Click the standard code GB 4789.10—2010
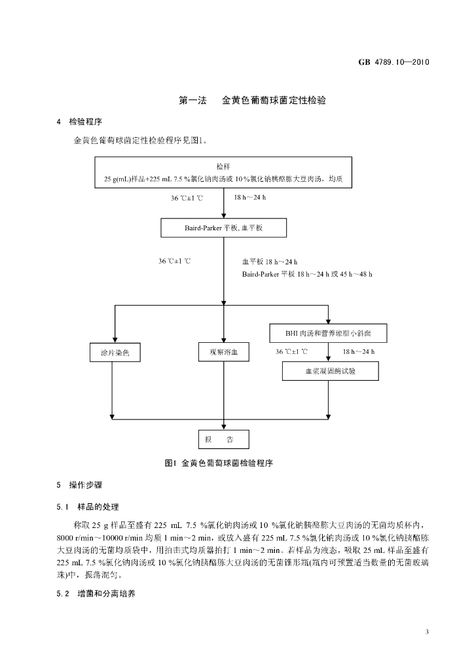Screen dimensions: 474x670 (x=393, y=62)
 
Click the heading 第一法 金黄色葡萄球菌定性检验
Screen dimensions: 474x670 (x=252, y=100)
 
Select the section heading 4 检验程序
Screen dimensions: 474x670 (x=79, y=122)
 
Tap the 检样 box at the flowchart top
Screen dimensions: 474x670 (x=223, y=172)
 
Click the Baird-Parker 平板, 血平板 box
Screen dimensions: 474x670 (x=223, y=228)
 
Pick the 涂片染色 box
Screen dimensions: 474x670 (x=115, y=353)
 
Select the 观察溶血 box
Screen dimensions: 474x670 (x=223, y=352)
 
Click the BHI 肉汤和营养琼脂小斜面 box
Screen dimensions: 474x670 (x=328, y=333)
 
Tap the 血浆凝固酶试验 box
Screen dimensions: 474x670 (x=331, y=371)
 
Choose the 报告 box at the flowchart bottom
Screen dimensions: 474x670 (x=223, y=439)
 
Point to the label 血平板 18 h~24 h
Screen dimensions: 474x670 (x=270, y=262)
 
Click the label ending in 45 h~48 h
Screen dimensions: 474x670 (x=307, y=274)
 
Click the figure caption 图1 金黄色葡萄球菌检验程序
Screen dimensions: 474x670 (x=219, y=463)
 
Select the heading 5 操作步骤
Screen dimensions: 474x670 (x=79, y=485)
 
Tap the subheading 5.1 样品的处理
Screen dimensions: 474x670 (x=88, y=507)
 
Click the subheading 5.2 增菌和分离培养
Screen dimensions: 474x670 (x=96, y=594)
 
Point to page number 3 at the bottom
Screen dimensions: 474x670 (x=427, y=632)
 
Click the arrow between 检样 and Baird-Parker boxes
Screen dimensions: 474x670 (x=223, y=203)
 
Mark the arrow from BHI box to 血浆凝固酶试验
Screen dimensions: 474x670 (x=328, y=352)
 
